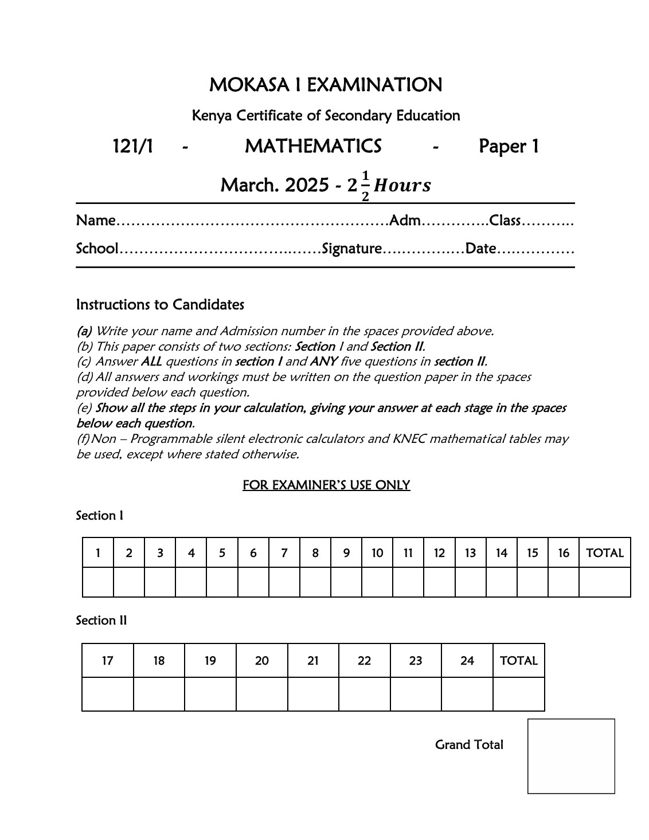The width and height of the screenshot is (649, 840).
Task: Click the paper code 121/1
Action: click(133, 147)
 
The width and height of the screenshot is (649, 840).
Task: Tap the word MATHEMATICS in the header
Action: click(313, 147)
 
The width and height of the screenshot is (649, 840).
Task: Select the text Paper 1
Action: click(509, 147)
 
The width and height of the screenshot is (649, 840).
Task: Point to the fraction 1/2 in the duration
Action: click(365, 187)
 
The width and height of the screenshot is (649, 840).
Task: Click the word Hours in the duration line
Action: click(402, 186)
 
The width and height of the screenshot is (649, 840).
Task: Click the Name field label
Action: click(96, 221)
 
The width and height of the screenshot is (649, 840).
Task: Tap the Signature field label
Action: click(352, 249)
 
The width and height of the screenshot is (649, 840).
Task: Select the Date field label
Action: click(480, 249)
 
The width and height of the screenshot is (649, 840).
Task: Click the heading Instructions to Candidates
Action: click(160, 304)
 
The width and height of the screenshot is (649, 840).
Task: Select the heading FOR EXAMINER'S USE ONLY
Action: click(326, 485)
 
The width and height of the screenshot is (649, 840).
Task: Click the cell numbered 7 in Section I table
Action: click(284, 553)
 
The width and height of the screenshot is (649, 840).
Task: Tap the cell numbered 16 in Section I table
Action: click(564, 553)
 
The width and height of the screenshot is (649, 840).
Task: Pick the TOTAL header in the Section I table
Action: click(604, 553)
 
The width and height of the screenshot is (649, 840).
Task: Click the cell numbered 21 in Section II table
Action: click(313, 661)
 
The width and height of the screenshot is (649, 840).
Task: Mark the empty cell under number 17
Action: click(108, 694)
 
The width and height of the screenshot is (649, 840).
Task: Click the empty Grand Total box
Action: click(571, 756)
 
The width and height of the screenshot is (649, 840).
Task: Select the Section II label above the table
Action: click(101, 621)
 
